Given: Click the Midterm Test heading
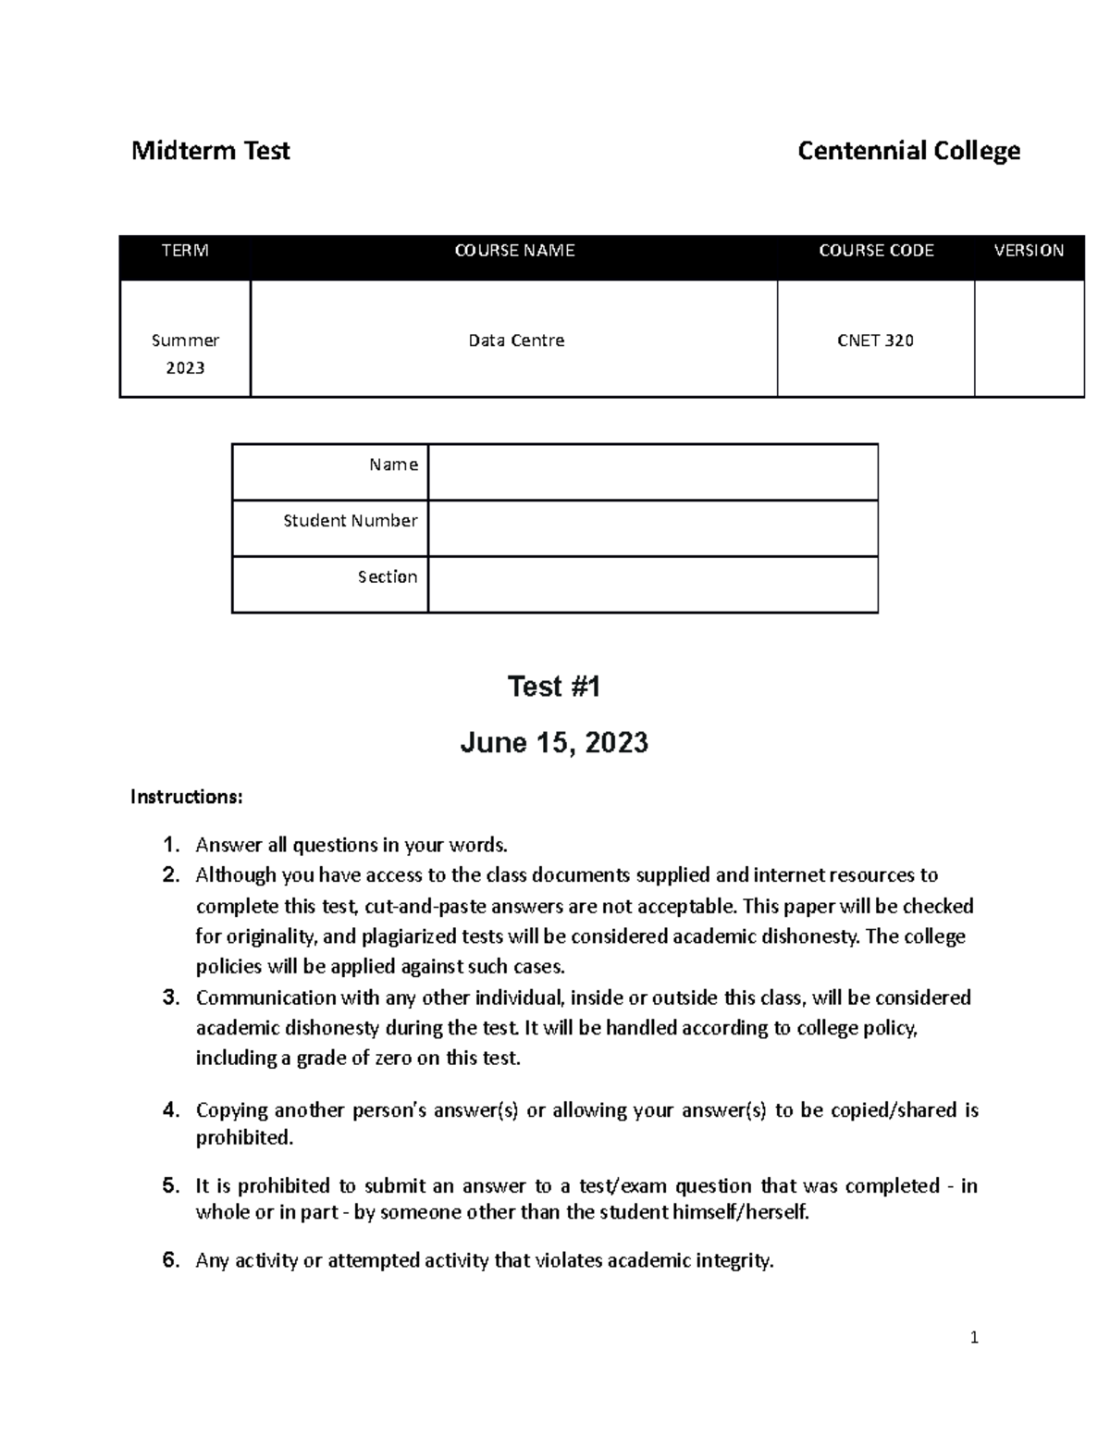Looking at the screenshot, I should (x=210, y=151).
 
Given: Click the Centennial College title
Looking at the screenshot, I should (x=908, y=151).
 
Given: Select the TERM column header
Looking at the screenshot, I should (x=185, y=251).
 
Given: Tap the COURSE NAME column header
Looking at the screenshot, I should (x=514, y=251).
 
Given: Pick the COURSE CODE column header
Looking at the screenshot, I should (x=876, y=251).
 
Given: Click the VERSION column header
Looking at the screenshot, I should (x=1029, y=251).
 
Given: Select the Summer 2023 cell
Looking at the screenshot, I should (x=185, y=353).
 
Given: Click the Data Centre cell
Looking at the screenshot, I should (x=515, y=341).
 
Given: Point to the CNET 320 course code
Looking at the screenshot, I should (x=875, y=341).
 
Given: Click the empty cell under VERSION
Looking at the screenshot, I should (x=1029, y=339).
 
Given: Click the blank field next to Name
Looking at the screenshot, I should (x=652, y=472).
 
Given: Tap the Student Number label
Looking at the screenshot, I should (x=350, y=521).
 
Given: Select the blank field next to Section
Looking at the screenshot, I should (x=652, y=584).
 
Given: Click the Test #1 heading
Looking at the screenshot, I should (x=554, y=687).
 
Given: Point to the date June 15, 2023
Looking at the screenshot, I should (x=554, y=742).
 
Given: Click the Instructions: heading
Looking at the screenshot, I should (x=186, y=797).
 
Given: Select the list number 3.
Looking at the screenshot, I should (x=170, y=997).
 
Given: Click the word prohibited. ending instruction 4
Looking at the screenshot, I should (x=244, y=1138).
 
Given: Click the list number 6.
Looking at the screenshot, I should (x=170, y=1260).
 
